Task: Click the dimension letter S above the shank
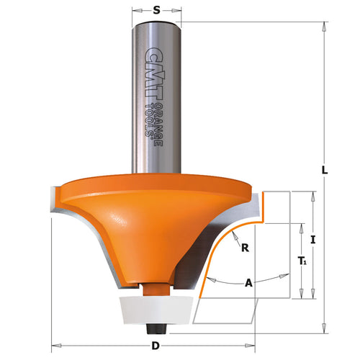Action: click(156, 11)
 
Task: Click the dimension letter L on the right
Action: click(325, 170)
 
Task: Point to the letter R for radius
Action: click(245, 249)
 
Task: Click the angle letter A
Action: click(250, 283)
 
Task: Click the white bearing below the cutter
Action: click(156, 307)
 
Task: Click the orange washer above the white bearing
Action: click(156, 287)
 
